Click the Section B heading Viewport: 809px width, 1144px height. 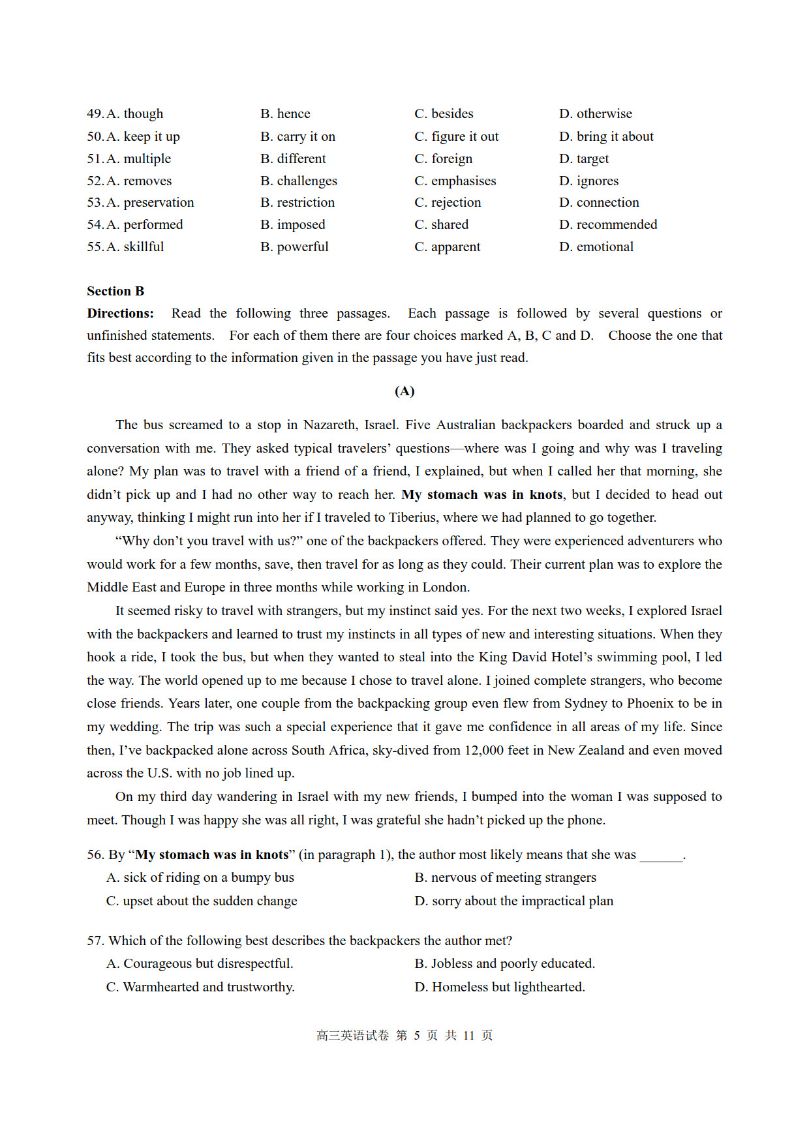[x=115, y=292]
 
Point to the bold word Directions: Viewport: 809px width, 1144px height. [x=121, y=314]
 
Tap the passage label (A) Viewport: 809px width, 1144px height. [x=404, y=391]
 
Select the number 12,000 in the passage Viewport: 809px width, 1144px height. [x=483, y=751]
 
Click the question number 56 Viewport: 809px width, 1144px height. [x=95, y=855]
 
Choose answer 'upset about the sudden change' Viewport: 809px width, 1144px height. [x=202, y=901]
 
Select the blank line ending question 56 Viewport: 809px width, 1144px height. [x=661, y=856]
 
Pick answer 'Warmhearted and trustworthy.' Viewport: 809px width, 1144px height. [x=200, y=987]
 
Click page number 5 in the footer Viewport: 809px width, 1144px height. [x=416, y=1036]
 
